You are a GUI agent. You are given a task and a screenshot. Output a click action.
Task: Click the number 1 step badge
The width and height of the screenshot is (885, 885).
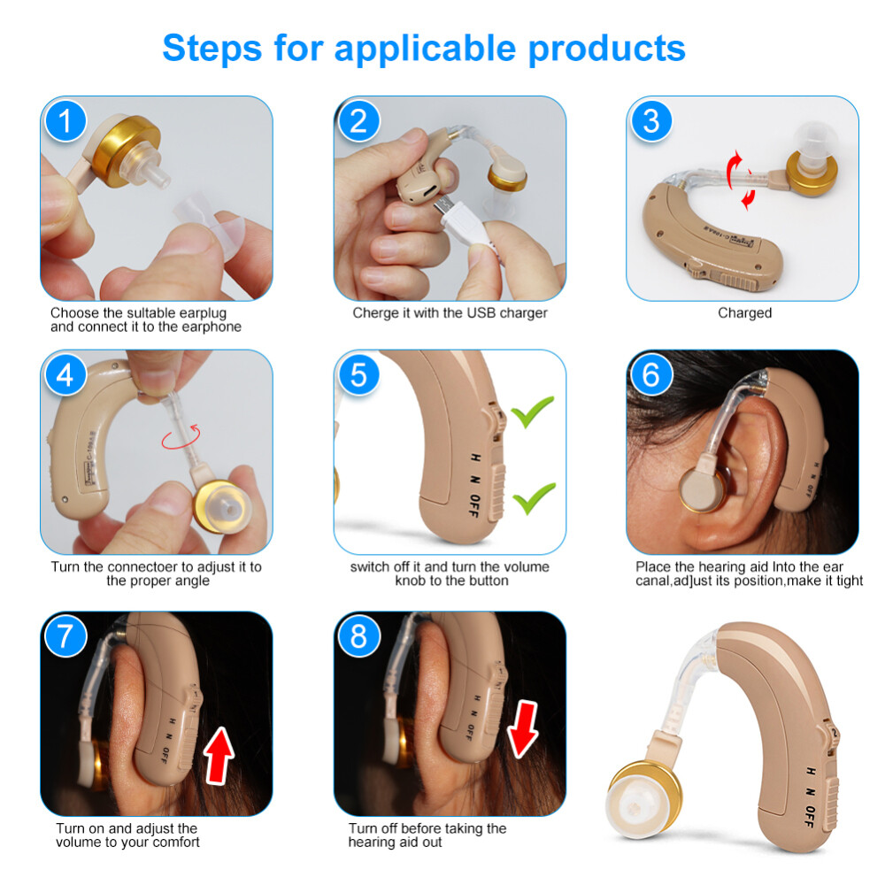[65, 121]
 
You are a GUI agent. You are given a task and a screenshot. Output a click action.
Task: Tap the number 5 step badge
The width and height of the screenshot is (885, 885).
[358, 375]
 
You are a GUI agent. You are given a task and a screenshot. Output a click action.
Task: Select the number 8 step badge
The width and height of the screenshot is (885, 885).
[358, 636]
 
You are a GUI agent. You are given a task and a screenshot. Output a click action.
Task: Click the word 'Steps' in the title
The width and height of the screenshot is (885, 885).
[212, 48]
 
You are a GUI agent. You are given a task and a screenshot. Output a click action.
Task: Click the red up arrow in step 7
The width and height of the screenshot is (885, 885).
[219, 755]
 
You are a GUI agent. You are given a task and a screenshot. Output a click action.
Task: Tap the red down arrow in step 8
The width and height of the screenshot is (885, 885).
[523, 729]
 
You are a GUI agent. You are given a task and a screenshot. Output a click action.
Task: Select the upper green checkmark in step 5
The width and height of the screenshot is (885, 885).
[532, 412]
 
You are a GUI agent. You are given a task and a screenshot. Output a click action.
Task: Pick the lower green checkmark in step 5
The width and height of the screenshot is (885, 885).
[534, 497]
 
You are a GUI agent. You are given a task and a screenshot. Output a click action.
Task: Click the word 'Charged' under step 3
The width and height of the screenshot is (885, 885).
[744, 312]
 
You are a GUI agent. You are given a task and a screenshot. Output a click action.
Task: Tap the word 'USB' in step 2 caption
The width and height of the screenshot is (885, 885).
[481, 312]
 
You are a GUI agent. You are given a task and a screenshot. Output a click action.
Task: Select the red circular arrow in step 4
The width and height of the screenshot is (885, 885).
[181, 437]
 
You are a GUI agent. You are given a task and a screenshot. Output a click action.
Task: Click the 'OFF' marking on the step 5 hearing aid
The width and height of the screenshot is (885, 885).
[474, 505]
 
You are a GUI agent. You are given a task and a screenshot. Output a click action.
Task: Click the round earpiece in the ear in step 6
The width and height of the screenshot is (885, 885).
[702, 489]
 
